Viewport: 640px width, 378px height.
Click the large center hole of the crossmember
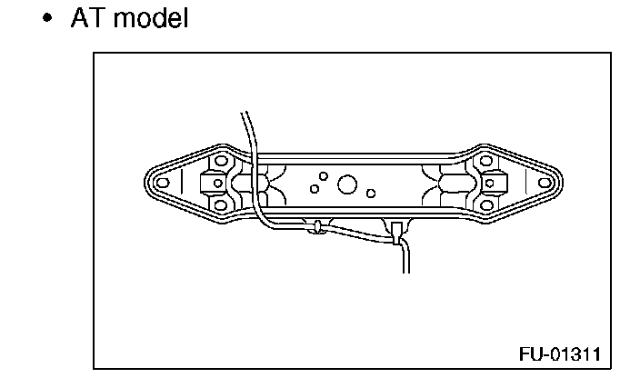click(x=346, y=185)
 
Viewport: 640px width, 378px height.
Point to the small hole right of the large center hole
click(x=371, y=193)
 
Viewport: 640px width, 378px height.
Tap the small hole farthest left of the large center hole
click(x=314, y=189)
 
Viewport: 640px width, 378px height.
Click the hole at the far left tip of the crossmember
click(x=163, y=182)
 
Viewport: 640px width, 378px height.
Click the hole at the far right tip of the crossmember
click(x=543, y=182)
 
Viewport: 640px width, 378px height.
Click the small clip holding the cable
click(x=316, y=226)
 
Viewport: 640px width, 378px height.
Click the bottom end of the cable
click(x=406, y=270)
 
